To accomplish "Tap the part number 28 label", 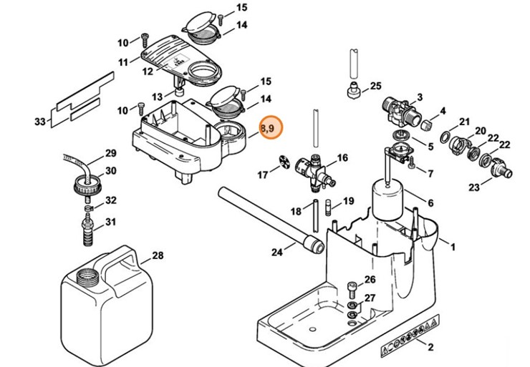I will (x=158, y=255).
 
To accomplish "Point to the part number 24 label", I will (x=277, y=251).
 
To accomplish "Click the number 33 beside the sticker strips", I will (x=39, y=122).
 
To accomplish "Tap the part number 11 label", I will (x=123, y=63).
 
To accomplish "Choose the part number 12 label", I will (x=148, y=72).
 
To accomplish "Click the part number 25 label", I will (x=375, y=87).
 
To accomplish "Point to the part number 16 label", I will (x=342, y=157).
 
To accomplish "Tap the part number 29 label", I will (x=110, y=153).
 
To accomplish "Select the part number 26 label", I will (x=370, y=280).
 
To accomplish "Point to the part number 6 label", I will (x=430, y=203).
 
